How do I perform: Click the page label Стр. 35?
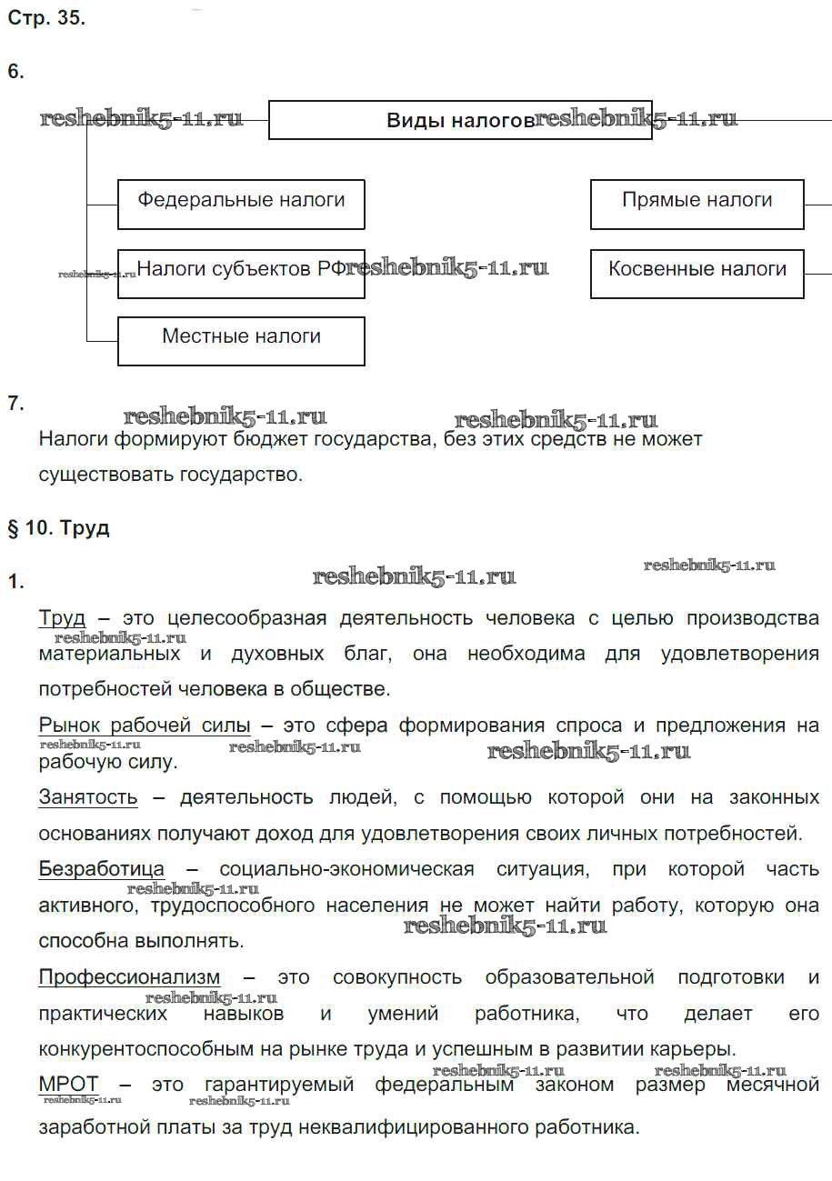click(x=46, y=18)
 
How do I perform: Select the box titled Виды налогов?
click(x=459, y=120)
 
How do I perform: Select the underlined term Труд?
click(x=62, y=618)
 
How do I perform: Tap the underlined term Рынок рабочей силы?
click(x=145, y=726)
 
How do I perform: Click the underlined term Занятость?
click(x=88, y=797)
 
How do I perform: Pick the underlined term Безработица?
click(x=102, y=869)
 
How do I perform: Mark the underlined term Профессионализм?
click(x=129, y=977)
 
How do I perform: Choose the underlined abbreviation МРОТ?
click(x=68, y=1085)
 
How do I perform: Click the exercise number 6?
click(x=15, y=72)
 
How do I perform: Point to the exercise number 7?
click(x=15, y=403)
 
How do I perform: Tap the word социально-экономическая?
click(x=346, y=869)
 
